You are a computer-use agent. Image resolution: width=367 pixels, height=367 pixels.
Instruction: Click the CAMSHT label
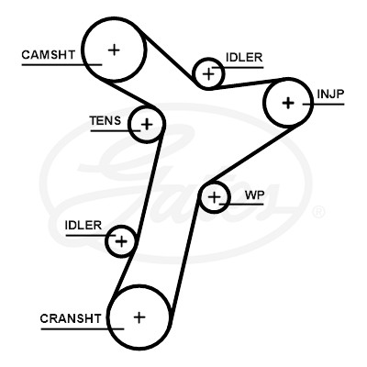(48, 55)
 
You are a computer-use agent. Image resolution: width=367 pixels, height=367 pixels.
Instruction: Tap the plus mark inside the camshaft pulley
(114, 50)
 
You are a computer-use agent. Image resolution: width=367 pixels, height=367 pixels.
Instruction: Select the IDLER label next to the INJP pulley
(244, 57)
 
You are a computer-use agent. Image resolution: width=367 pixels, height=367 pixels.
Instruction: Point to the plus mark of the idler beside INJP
(209, 74)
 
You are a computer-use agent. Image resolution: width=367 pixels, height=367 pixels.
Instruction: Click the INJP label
(330, 95)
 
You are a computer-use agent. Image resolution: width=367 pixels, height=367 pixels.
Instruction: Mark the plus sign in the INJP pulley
(288, 103)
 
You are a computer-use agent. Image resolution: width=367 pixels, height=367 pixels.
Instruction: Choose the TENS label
(106, 121)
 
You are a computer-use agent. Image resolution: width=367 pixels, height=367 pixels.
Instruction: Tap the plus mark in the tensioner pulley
(147, 124)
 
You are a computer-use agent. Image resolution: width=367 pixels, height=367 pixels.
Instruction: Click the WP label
(254, 195)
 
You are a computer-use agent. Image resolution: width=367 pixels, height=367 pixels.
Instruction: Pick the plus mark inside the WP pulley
(214, 197)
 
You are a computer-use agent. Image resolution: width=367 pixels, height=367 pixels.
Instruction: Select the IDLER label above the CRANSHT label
(83, 226)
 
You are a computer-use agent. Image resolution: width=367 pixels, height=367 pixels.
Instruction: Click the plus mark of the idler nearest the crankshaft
(121, 241)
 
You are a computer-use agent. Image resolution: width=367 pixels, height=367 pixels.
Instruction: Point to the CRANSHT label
(71, 318)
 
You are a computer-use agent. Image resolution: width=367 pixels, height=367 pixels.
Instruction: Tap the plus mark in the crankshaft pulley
(139, 317)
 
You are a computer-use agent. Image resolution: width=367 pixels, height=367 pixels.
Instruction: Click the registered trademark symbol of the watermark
(318, 212)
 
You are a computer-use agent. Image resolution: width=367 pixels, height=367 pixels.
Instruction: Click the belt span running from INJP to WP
(251, 153)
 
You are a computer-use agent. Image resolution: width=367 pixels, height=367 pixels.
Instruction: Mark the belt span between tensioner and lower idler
(149, 184)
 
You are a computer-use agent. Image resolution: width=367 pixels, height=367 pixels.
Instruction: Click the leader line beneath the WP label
(241, 204)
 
